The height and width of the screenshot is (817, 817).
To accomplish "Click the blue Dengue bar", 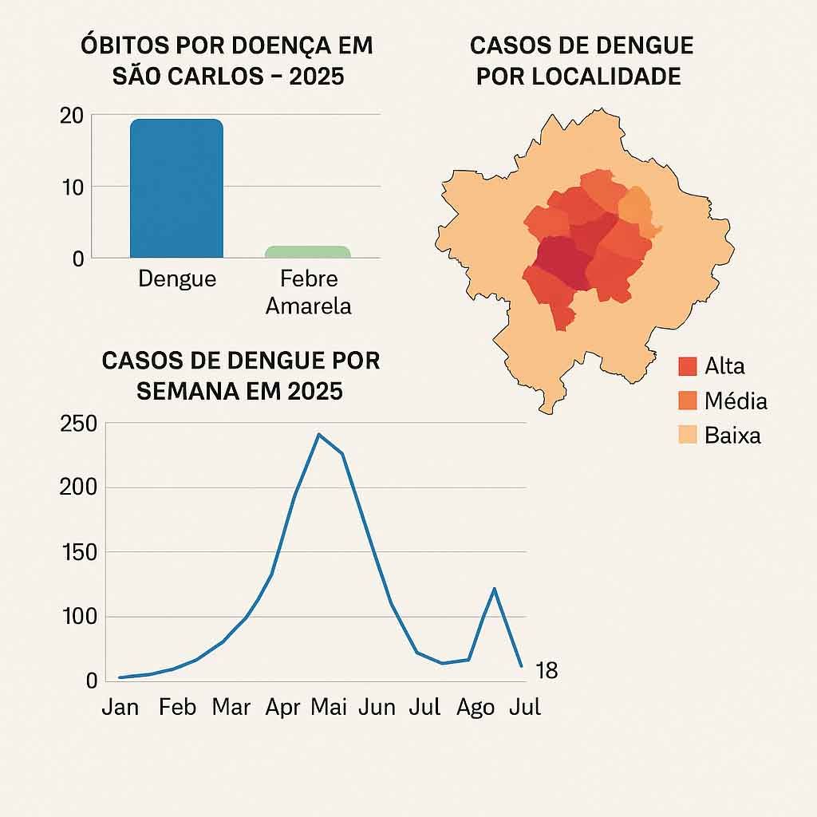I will coord(176,188).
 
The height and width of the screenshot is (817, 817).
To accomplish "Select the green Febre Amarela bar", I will coord(307,252).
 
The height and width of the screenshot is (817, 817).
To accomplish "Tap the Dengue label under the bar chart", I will coord(176,279).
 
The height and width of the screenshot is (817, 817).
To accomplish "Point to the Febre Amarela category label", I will coord(308,292).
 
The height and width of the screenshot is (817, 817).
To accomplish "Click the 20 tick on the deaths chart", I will coord(71,116).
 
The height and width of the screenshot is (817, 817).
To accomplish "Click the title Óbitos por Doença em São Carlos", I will coord(227,61).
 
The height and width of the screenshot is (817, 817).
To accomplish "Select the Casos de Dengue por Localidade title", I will coord(581,61).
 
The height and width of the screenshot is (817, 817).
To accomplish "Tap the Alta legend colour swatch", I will coord(688,366).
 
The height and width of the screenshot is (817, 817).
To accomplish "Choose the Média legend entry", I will coord(722,401).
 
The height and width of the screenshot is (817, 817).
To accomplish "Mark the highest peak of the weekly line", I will coord(318,435).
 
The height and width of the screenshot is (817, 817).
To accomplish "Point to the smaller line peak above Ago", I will coord(495,589).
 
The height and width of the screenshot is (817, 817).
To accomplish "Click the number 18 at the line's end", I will coord(547,672).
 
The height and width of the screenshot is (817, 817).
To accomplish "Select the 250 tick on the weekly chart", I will coord(77,424).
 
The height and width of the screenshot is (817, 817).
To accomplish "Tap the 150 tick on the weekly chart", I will coord(77,552).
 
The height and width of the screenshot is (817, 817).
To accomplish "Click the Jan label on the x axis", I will coord(120,707).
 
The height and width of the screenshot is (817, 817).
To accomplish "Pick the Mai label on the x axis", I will coord(329,707).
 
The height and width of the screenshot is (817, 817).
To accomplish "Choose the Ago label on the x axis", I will coord(476,707).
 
